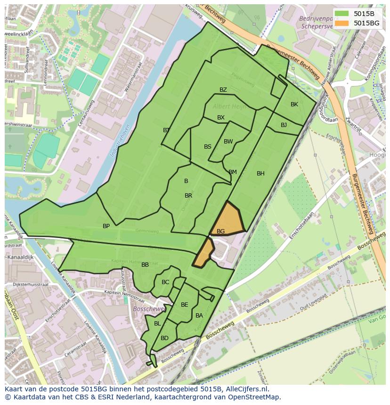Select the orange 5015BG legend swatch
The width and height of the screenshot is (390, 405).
click(342, 23)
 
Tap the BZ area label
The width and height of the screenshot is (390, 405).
click(223, 90)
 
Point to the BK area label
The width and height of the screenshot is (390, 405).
click(294, 104)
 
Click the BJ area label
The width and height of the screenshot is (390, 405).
click(284, 125)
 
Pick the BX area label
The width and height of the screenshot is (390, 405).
click(221, 118)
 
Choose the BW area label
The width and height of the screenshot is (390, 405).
click(228, 142)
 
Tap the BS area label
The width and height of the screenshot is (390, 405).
click(208, 147)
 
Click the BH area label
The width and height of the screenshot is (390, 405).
click(260, 174)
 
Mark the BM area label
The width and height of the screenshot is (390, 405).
click(233, 172)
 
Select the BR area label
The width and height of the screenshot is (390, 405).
click(188, 196)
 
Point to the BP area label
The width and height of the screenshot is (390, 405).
click(106, 226)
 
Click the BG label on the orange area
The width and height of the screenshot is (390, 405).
click(220, 231)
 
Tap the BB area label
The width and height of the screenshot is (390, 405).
click(145, 265)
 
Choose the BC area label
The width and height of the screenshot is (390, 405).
click(165, 282)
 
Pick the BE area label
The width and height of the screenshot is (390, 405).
click(185, 305)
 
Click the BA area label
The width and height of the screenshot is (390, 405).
click(199, 316)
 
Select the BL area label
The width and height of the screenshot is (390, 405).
click(157, 324)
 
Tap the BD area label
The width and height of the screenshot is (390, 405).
click(164, 338)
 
